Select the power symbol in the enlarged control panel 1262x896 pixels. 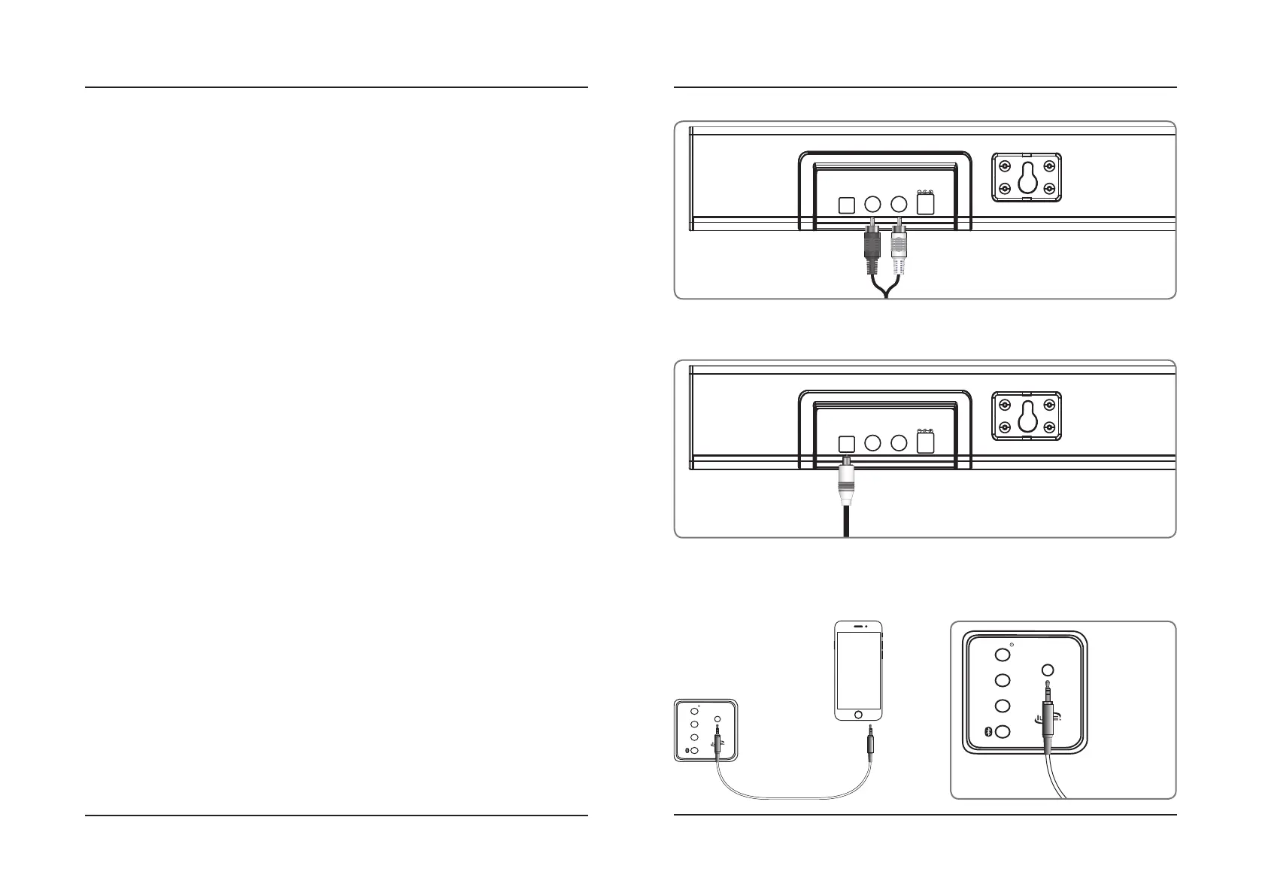[x=1013, y=644]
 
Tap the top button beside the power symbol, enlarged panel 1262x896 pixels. [x=1002, y=655]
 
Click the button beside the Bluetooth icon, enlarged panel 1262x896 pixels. [x=1003, y=731]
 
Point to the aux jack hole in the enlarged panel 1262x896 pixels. [x=1048, y=670]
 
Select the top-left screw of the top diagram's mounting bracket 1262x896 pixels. [x=1004, y=166]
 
